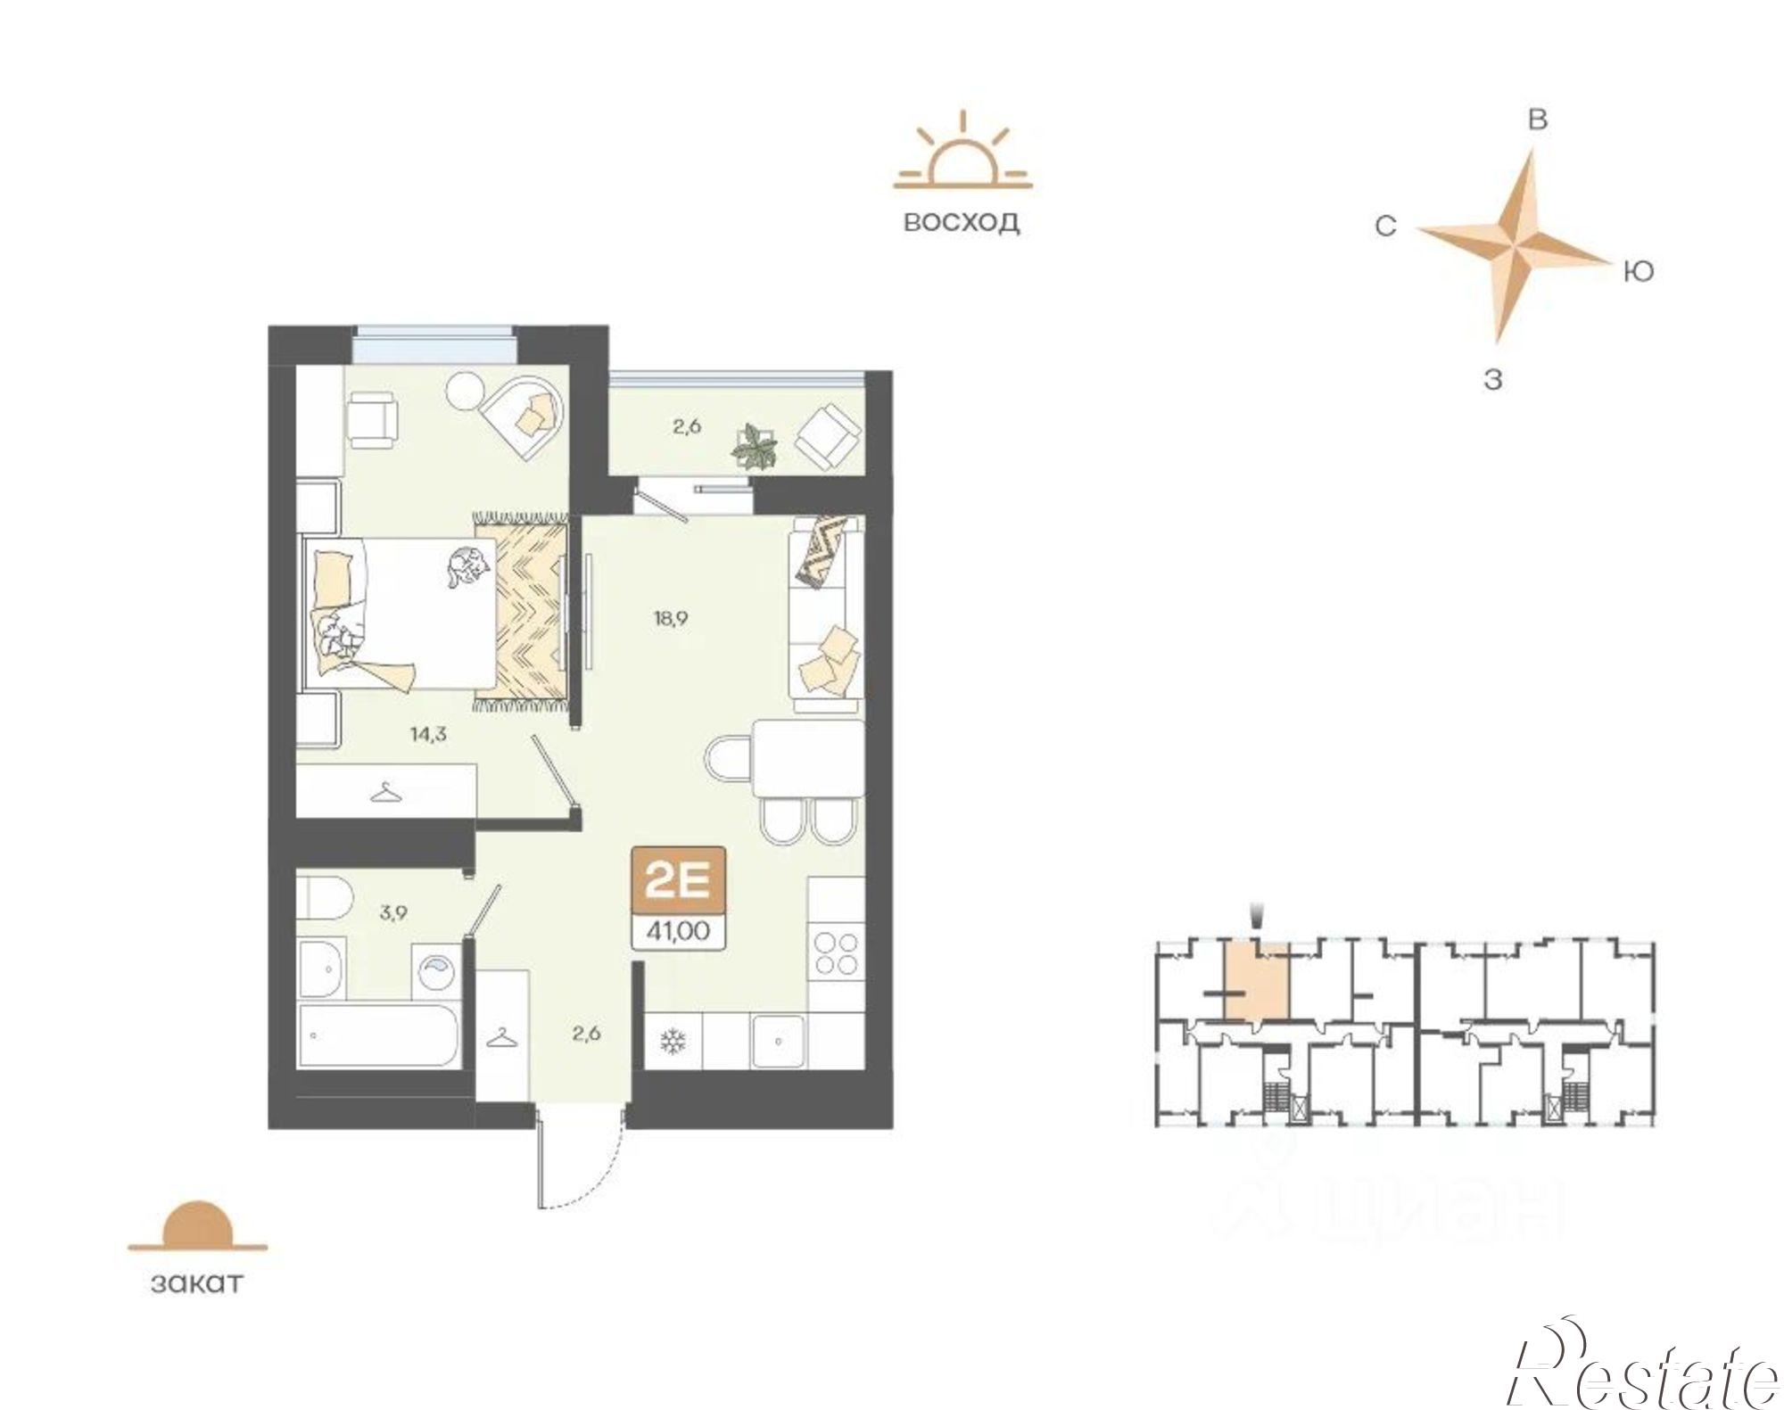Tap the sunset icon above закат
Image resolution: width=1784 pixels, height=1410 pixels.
pos(197,1226)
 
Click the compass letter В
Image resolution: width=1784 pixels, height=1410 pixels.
pos(1538,120)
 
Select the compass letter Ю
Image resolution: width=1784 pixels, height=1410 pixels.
pos(1638,271)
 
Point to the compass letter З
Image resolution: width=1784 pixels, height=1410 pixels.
pos(1492,380)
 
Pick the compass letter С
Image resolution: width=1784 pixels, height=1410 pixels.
pos(1384,227)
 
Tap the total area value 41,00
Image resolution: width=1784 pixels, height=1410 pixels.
pos(678,931)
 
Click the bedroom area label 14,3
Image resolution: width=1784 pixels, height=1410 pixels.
pos(428,735)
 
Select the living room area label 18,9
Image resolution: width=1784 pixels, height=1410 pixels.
pos(670,618)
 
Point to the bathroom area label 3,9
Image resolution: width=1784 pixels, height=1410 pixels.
pos(392,912)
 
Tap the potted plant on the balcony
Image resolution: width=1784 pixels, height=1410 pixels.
pos(755,447)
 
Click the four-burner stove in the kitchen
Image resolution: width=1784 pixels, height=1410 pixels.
pos(836,952)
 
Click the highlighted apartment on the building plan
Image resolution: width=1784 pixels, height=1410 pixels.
pos(1256,981)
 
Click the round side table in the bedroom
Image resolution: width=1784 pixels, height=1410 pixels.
pos(465,389)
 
